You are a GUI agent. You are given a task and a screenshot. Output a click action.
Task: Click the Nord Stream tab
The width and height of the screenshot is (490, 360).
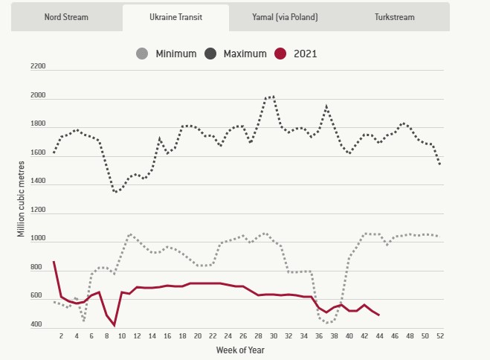point(66,16)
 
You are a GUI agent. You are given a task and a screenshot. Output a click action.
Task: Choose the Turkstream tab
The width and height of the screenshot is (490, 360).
point(395,16)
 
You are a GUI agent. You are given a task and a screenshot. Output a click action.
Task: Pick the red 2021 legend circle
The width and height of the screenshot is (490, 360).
point(280,54)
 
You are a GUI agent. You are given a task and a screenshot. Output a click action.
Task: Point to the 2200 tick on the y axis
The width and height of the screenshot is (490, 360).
point(38,67)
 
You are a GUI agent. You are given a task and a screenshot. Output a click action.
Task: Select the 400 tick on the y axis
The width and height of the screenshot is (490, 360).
point(38,325)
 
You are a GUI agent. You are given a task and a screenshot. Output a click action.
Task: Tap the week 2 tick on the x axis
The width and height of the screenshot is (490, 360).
point(61,335)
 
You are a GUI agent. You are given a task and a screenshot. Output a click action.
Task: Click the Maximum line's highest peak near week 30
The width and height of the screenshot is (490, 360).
point(272,96)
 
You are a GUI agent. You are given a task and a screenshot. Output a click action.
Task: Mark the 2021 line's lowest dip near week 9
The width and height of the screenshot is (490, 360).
point(115,326)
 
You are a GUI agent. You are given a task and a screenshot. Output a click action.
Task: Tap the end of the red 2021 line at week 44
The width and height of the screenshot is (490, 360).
point(379,315)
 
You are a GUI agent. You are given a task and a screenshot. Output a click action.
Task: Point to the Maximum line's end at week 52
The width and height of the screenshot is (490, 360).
point(439,164)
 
